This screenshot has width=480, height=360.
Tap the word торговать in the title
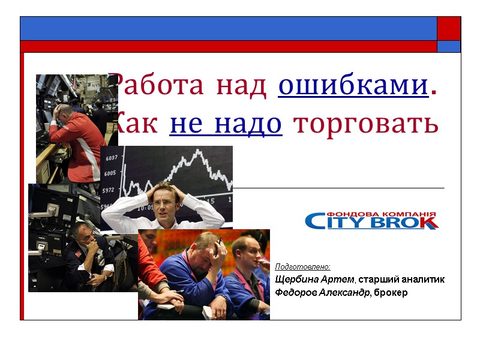(367, 124)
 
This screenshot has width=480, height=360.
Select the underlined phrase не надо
(226, 124)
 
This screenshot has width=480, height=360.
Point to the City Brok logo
(371, 220)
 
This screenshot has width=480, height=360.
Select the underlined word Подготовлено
(302, 266)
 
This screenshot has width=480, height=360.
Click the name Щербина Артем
(314, 280)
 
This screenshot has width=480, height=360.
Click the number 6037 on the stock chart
(111, 158)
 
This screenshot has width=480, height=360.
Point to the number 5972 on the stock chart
(109, 190)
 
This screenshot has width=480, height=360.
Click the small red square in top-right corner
(448, 28)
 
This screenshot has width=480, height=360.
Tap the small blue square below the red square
(448, 46)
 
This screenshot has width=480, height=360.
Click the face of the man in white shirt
(163, 199)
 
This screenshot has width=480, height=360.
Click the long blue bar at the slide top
(228, 28)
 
